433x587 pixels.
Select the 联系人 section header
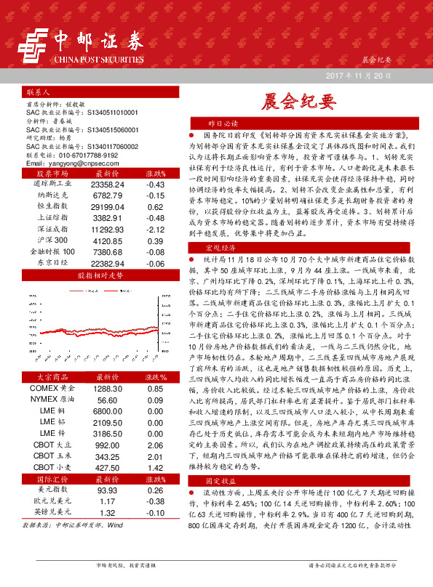coord(37,94)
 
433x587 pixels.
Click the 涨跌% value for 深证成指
coord(154,229)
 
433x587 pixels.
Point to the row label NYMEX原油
coord(53,399)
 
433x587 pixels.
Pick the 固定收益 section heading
coord(224,501)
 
